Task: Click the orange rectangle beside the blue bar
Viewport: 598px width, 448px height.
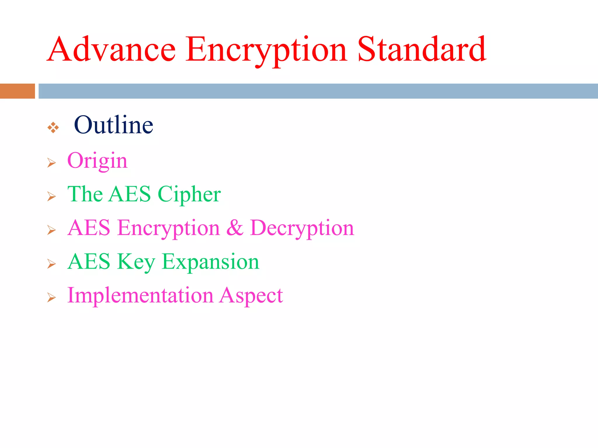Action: (x=17, y=91)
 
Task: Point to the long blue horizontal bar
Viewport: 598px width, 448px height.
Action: (x=318, y=91)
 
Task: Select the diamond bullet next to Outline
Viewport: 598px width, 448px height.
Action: (x=53, y=127)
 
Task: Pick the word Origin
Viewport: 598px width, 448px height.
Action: (x=97, y=161)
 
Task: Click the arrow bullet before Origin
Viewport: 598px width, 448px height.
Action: (x=51, y=163)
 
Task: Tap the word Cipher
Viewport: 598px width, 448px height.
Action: (x=189, y=194)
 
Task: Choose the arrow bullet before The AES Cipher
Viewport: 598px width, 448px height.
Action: (x=51, y=197)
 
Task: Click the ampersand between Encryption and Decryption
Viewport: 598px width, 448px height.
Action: (x=235, y=228)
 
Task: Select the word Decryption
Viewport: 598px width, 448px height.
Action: (x=302, y=228)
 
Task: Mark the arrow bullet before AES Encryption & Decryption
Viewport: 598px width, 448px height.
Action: (x=51, y=230)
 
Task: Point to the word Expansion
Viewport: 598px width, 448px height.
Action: (x=210, y=262)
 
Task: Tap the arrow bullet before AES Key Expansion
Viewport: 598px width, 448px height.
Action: (x=51, y=264)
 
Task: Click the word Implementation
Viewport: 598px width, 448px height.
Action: (x=140, y=295)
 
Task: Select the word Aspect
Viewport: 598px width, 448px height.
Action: (x=251, y=295)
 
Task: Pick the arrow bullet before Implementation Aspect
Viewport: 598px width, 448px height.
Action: (x=51, y=297)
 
